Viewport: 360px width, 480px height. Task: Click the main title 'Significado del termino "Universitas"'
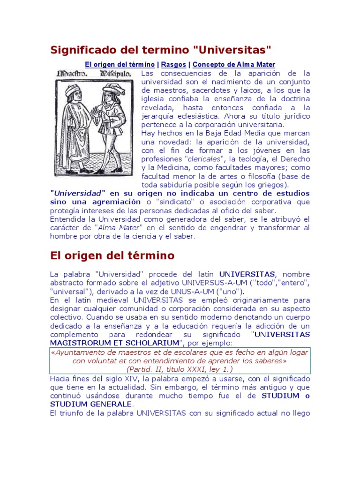pos(161,50)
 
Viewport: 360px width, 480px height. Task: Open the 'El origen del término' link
pos(120,65)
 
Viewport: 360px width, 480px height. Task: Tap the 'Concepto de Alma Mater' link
pos(234,65)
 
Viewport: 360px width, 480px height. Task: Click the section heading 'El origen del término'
pos(112,256)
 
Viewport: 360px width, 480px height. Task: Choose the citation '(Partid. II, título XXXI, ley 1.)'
pos(180,369)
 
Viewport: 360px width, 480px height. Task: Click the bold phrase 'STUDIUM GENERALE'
pos(91,404)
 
